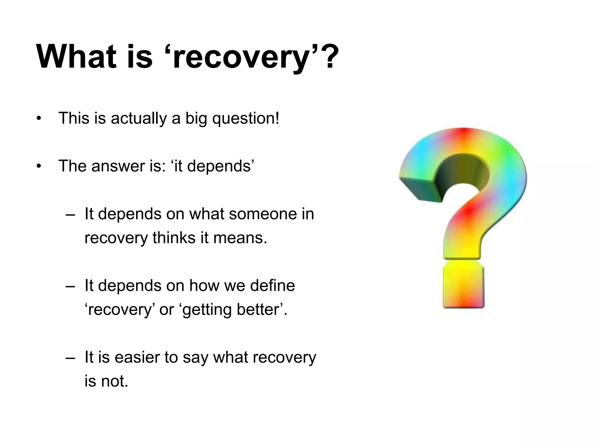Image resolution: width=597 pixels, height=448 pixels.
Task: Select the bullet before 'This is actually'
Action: [x=39, y=119]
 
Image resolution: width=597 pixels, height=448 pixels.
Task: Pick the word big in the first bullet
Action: [x=196, y=119]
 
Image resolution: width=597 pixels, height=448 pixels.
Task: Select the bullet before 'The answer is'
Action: [x=39, y=167]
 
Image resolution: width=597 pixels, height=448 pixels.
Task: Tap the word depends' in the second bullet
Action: [x=220, y=166]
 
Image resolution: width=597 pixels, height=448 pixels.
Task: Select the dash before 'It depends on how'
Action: [x=70, y=286]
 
